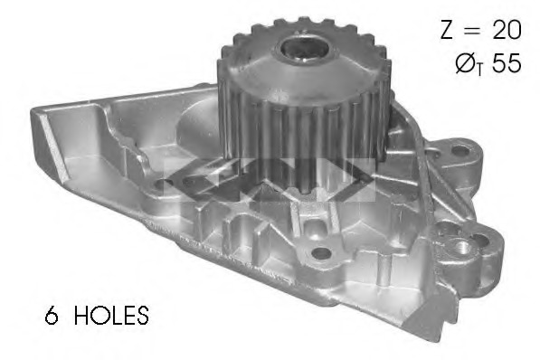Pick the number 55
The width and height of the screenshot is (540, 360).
pyautogui.click(x=507, y=63)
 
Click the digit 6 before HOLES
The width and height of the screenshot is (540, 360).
pyautogui.click(x=52, y=315)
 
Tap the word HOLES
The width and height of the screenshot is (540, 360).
pyautogui.click(x=111, y=315)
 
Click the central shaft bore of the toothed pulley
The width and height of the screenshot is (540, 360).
pyautogui.click(x=303, y=51)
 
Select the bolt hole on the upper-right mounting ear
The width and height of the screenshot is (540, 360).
pyautogui.click(x=459, y=150)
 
